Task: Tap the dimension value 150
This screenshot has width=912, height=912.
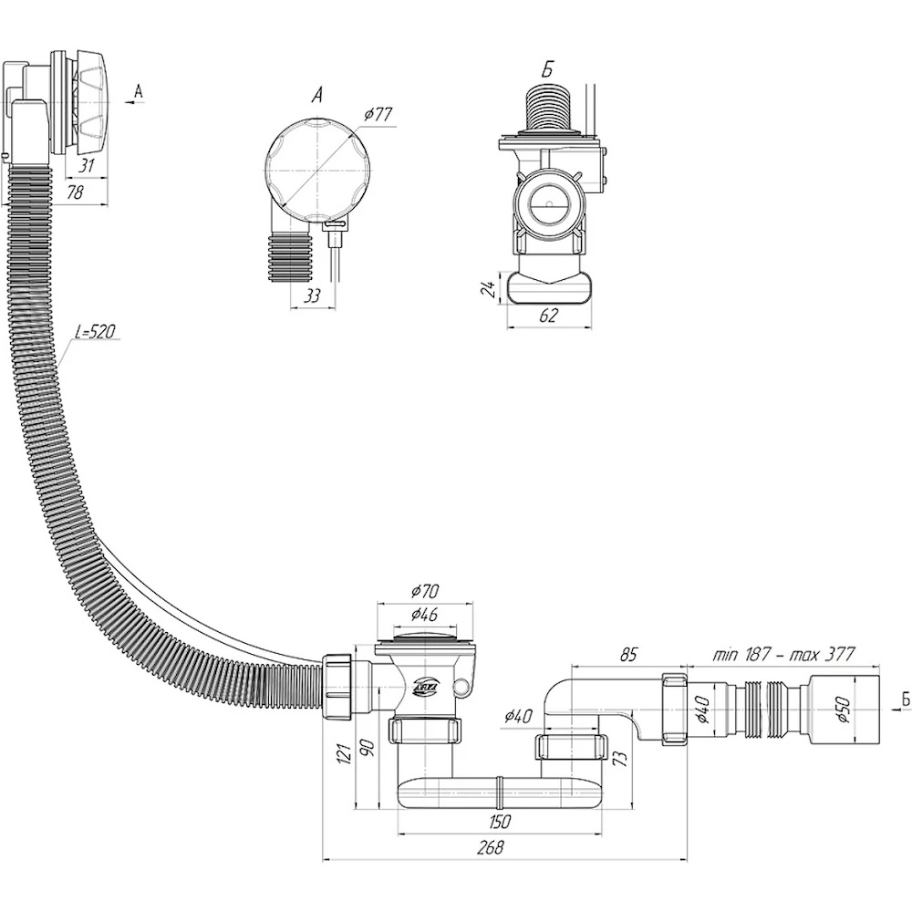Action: coord(500,821)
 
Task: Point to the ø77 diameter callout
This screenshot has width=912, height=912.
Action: coord(377,116)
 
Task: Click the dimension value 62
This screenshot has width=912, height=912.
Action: coord(547,315)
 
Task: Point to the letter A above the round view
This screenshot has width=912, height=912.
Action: coord(316,94)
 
